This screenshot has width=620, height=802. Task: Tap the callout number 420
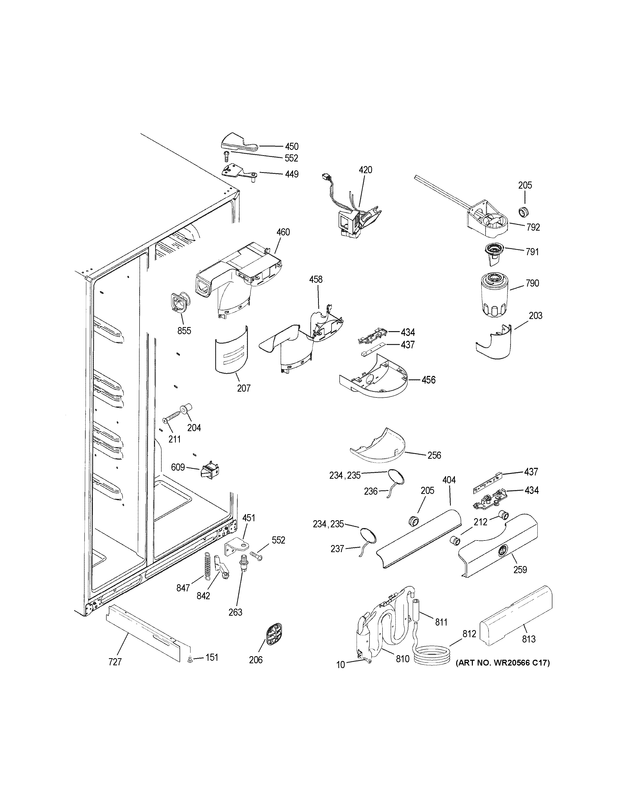point(365,170)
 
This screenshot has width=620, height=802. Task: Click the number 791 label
point(532,252)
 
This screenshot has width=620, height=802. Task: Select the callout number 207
point(244,388)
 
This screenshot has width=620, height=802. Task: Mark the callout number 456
point(428,380)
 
